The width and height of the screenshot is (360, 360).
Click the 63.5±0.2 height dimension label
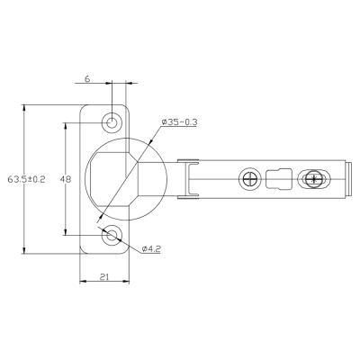[26, 179]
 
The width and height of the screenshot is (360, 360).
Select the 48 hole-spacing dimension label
[66, 179]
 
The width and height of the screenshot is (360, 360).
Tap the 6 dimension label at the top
[87, 79]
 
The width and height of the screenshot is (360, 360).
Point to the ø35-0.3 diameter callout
[179, 122]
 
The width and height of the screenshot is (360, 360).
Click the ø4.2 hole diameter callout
[151, 248]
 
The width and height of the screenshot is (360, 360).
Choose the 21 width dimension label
[103, 277]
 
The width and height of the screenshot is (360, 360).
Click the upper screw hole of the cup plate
[112, 122]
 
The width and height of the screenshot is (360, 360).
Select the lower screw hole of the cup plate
[112, 235]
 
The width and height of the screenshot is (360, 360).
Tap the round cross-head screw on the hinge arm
[248, 179]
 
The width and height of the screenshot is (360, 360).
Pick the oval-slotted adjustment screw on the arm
[314, 179]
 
